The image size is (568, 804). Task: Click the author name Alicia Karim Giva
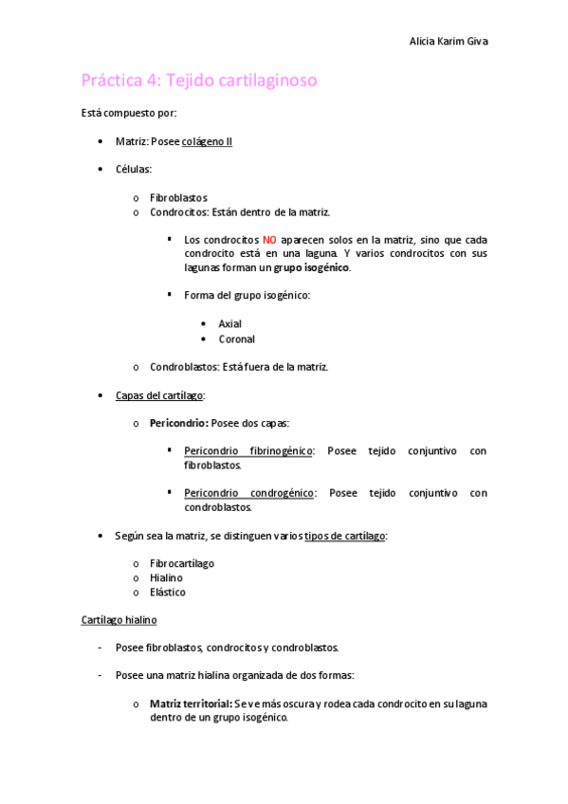pos(449,42)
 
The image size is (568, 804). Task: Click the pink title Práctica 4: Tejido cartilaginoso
pos(199,81)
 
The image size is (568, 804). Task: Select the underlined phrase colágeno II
pos(207,141)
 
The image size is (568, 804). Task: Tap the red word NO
pos(269,240)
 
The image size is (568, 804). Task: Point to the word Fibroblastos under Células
pos(178,197)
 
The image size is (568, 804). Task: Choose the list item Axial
pos(229,324)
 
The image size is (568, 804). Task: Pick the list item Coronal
pos(236,338)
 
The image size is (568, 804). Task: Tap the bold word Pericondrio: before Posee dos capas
pos(179,423)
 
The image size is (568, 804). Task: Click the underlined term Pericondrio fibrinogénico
pos(248,451)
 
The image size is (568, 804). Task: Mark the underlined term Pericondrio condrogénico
pos(248,493)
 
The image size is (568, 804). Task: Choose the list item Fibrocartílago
pos(182,563)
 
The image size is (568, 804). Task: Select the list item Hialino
pos(166,577)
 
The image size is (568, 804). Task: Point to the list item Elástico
pos(168,593)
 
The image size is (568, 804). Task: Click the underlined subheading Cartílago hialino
pos(119,620)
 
